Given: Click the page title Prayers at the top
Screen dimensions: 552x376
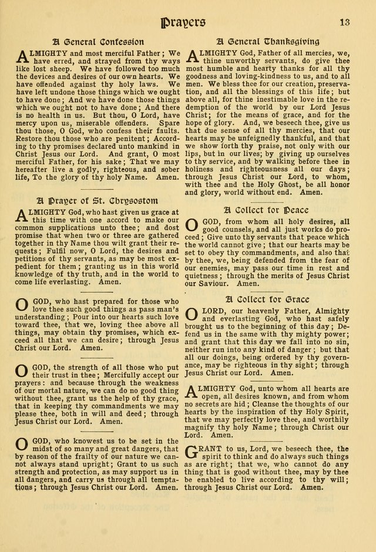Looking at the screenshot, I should click(182, 22).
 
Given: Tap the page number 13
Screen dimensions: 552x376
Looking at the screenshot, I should click(344, 22).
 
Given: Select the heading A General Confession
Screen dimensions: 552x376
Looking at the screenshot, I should click(98, 42).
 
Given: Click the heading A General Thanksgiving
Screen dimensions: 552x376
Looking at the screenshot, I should click(268, 42).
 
